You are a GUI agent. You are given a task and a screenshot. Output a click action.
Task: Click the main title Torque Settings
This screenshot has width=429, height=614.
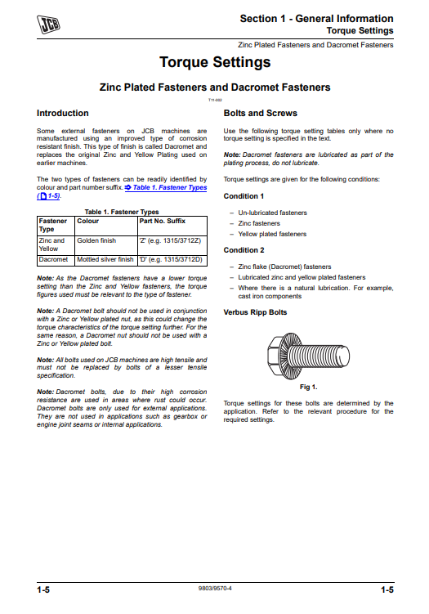pos(214,62)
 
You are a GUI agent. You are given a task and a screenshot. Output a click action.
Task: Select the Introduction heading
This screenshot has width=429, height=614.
pos(63,113)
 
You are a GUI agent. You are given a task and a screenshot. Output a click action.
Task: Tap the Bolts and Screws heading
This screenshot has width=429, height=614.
pos(260,113)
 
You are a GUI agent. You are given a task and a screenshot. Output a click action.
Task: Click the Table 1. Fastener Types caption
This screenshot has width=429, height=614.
pos(122,212)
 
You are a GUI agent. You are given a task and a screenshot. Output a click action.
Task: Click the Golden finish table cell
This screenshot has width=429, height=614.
pos(96,241)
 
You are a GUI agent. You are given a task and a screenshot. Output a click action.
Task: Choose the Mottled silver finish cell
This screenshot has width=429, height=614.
pos(105,259)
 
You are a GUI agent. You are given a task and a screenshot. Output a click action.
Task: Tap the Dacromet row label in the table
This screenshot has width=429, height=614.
pos(53,259)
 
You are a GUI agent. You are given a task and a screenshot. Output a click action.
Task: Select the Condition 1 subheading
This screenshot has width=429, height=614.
pos(244,196)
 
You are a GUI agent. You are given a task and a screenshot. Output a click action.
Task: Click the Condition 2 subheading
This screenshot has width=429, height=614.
pos(244,250)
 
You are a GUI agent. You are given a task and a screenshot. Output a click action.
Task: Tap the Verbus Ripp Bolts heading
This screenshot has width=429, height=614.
pos(255,312)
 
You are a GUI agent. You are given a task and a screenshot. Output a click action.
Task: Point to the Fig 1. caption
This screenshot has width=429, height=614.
pos(308,386)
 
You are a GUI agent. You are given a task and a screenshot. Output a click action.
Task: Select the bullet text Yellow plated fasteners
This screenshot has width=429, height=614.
pos(272,234)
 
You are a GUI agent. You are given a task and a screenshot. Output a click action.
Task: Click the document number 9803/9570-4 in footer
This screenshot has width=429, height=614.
pos(214,588)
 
